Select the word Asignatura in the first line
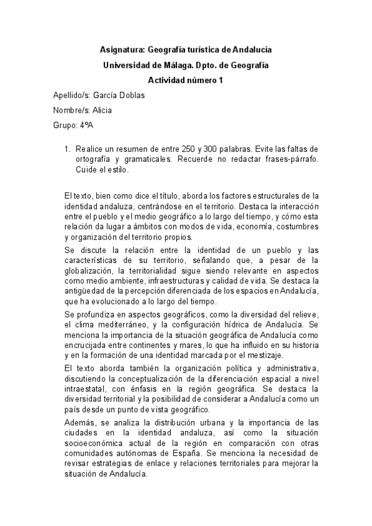tap(122, 49)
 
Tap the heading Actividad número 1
tap(186, 80)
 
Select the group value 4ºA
tap(87, 127)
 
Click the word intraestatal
tap(85, 389)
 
